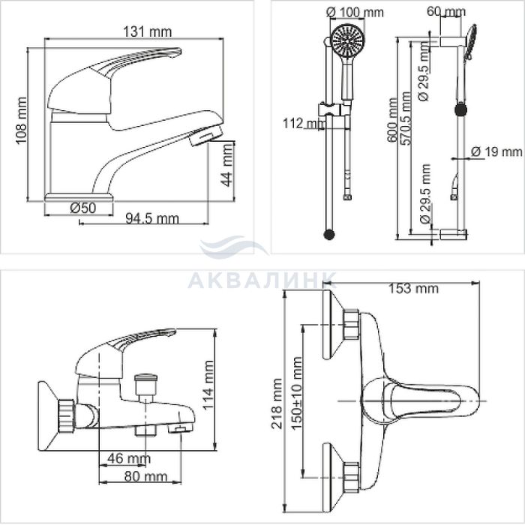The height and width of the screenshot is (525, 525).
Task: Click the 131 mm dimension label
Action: tap(147, 31)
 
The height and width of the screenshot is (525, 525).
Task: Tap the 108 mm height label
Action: tap(22, 121)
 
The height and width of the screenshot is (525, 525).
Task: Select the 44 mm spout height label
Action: tap(226, 165)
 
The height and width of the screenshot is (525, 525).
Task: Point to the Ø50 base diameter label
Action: tap(82, 208)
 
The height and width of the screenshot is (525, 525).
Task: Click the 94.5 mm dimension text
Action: tap(152, 219)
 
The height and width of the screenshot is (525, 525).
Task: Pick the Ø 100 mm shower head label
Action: tap(355, 12)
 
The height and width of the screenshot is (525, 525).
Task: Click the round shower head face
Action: tap(347, 40)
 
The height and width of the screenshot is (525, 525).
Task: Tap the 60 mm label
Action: tap(446, 11)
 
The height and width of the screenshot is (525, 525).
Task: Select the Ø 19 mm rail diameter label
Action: tap(496, 151)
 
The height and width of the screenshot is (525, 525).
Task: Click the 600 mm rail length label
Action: tap(393, 120)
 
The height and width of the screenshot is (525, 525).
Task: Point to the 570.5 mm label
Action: tap(405, 118)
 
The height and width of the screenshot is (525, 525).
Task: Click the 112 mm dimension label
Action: tap(304, 123)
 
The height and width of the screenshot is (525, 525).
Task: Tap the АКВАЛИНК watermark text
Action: tap(262, 280)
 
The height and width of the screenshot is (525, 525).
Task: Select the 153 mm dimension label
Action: tap(413, 288)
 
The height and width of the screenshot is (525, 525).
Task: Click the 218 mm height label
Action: tap(277, 403)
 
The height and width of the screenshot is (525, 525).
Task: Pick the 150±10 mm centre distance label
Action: tap(297, 393)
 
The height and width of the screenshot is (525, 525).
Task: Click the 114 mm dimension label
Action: tap(208, 385)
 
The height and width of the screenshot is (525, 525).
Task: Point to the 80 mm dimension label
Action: tap(145, 476)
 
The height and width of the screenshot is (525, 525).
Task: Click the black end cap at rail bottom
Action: tap(329, 234)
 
